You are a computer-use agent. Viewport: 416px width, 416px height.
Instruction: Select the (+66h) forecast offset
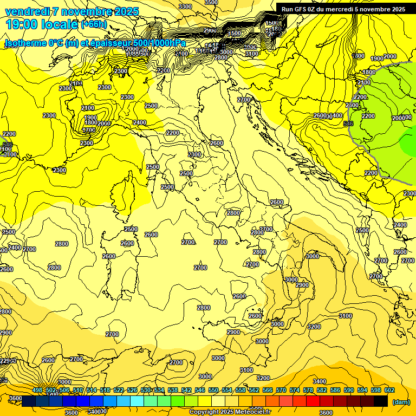point(95,24)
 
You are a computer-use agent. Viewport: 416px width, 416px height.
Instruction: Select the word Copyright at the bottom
point(205,412)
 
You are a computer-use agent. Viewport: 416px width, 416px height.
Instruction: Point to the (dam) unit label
point(401,402)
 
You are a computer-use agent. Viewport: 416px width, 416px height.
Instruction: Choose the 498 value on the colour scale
point(37,390)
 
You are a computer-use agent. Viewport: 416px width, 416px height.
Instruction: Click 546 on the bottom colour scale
point(200,390)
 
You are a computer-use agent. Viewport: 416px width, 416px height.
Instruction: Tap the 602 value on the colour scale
point(389,390)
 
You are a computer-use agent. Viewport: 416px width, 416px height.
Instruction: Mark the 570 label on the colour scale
point(281,390)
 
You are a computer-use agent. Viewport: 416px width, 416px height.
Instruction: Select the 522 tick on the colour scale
point(119,390)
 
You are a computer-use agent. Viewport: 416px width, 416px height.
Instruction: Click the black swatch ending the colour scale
point(381,401)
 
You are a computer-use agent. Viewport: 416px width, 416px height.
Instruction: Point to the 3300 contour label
point(185,6)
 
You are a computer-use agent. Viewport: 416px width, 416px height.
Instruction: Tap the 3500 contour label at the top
point(211,2)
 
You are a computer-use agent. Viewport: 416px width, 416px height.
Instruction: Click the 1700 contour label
point(89,130)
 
